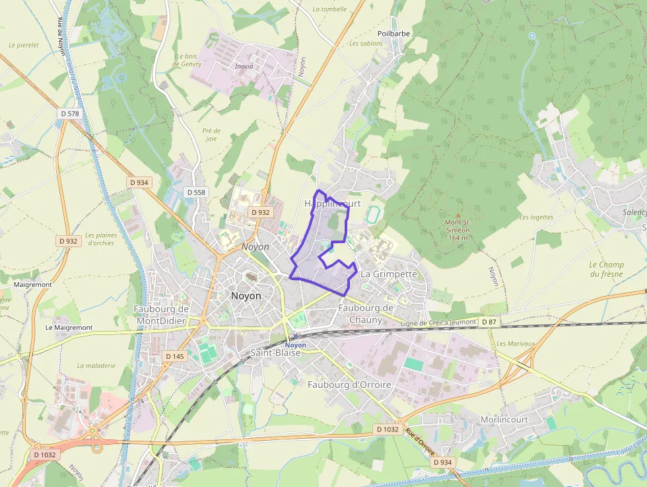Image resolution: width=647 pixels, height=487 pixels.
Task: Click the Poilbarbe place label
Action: click(x=395, y=33)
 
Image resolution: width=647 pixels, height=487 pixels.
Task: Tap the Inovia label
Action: click(x=244, y=66)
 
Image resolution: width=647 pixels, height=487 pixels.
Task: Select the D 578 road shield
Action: click(x=69, y=114)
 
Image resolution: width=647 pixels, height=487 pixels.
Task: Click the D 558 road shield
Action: click(x=196, y=192)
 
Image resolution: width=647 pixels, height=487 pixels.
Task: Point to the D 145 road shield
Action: click(x=175, y=356)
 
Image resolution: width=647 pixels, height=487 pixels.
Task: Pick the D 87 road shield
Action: click(x=489, y=322)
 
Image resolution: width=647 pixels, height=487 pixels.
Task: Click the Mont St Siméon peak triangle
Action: click(x=458, y=215)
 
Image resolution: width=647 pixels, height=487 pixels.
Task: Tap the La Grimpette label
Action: click(x=390, y=274)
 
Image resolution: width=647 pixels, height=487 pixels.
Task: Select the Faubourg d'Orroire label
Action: click(x=349, y=385)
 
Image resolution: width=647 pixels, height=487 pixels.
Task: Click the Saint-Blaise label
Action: click(x=275, y=353)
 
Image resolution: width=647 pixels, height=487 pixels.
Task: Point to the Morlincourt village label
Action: click(x=504, y=420)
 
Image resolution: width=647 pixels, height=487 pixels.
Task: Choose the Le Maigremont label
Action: click(x=69, y=328)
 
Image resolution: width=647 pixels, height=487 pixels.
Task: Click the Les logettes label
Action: click(x=536, y=217)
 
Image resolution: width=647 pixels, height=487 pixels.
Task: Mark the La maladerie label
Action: click(x=96, y=365)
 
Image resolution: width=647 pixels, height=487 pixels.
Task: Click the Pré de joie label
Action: click(x=211, y=135)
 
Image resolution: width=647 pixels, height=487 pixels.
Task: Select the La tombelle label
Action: click(x=329, y=9)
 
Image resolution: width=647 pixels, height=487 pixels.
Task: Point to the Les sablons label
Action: click(x=366, y=44)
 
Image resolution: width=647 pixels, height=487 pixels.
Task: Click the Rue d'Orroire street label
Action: click(x=420, y=442)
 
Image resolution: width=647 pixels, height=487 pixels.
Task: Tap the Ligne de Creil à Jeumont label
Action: click(x=438, y=322)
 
